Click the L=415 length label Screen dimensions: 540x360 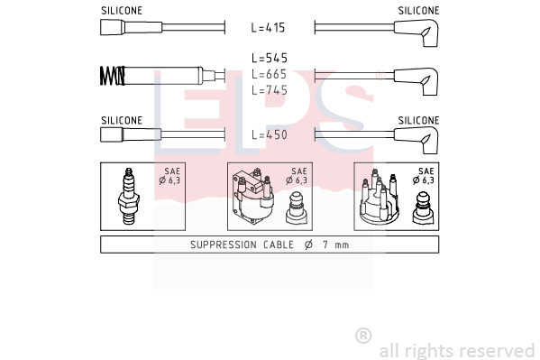(x=268, y=28)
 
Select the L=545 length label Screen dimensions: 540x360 (x=270, y=59)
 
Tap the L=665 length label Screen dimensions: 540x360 (x=269, y=74)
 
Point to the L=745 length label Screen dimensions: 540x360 (x=270, y=90)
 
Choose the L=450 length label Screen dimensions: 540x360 (x=270, y=134)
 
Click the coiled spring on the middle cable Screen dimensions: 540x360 (x=113, y=76)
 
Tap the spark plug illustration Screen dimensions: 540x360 (x=128, y=196)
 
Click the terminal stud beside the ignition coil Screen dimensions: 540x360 (x=296, y=208)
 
